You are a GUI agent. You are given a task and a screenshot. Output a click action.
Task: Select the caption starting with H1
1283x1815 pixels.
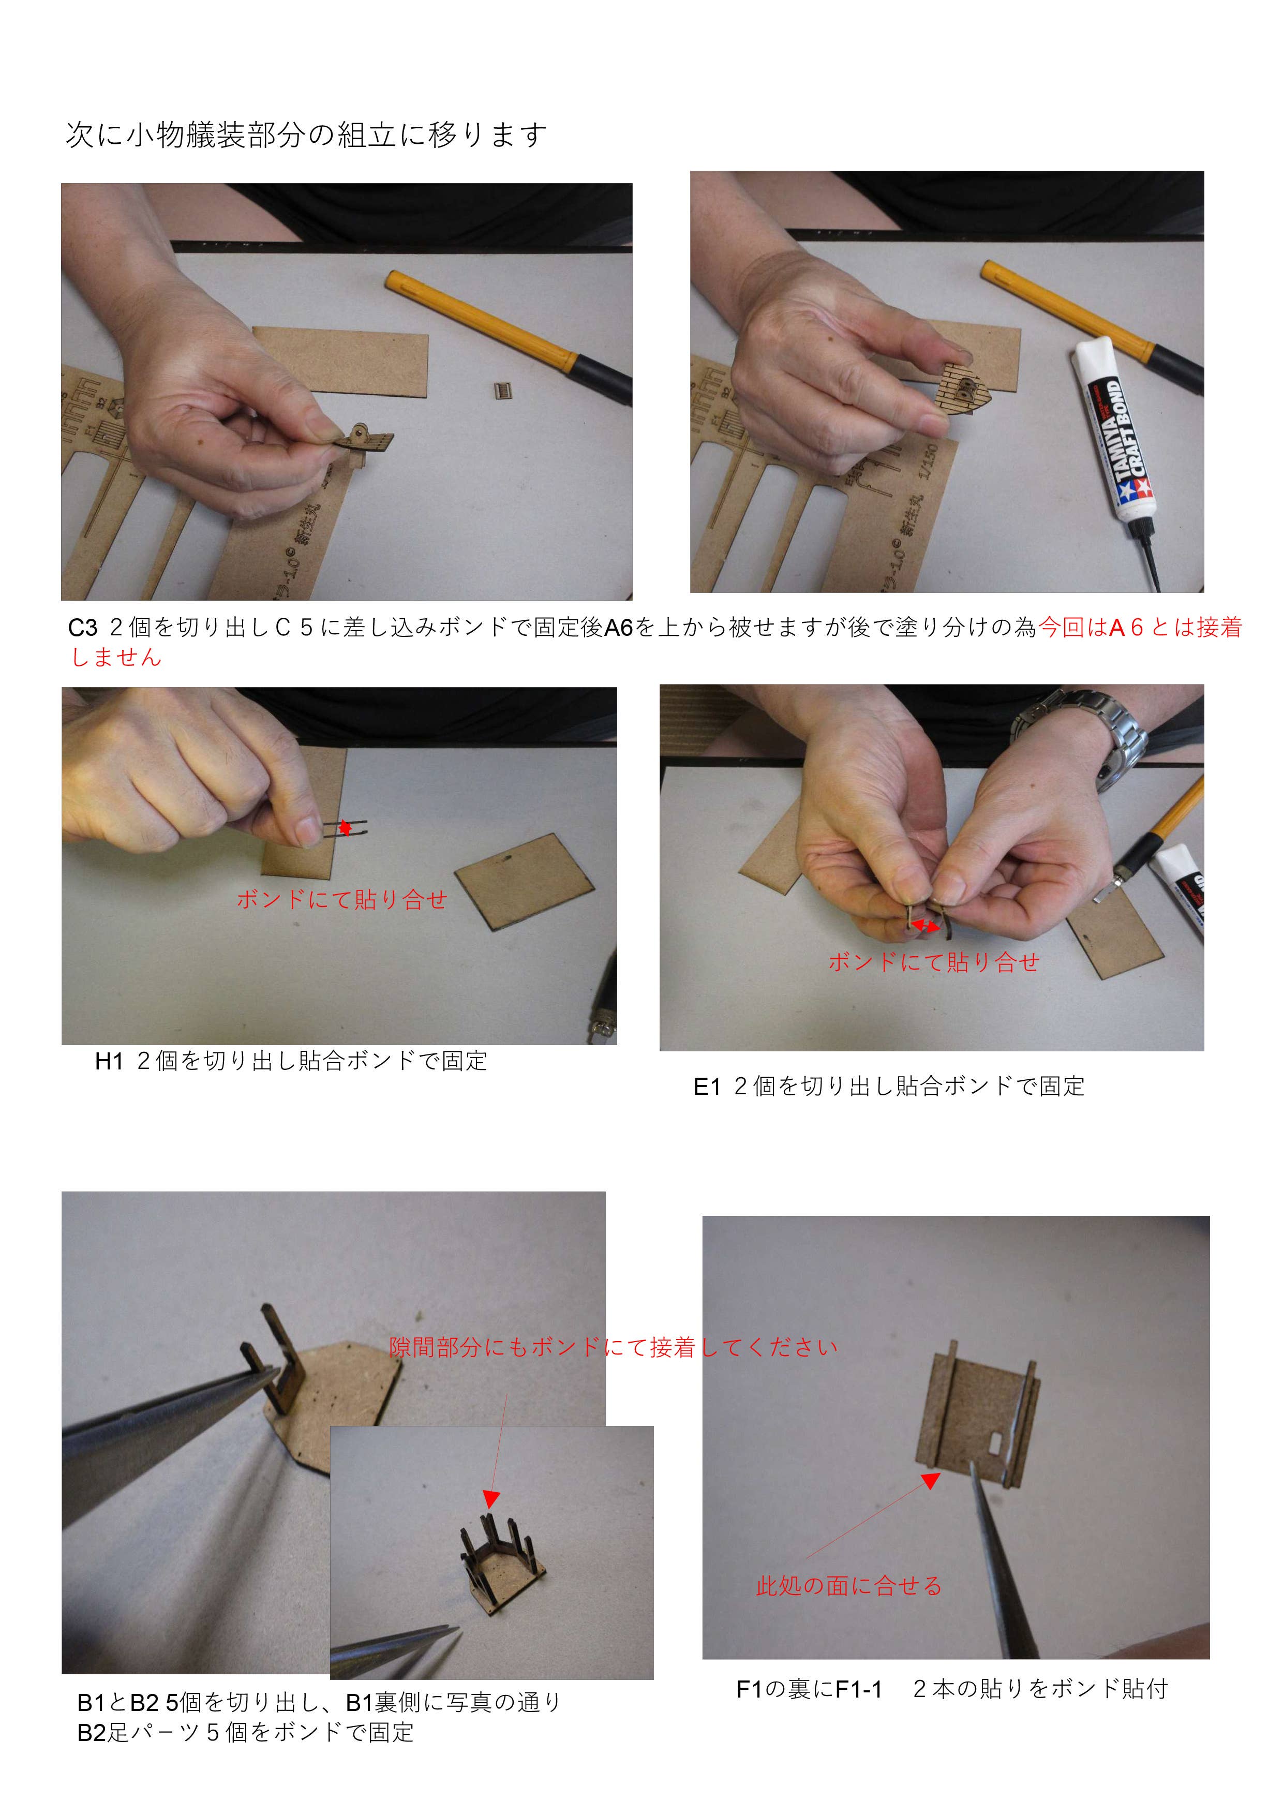point(290,1061)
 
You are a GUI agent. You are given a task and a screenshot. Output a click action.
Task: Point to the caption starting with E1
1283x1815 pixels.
point(889,1086)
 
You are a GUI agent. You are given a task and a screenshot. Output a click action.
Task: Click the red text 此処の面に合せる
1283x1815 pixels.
point(849,1586)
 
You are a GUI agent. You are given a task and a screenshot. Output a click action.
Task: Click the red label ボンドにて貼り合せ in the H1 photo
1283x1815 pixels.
point(341,899)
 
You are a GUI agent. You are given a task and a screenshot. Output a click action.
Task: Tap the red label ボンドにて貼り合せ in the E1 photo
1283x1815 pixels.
point(934,962)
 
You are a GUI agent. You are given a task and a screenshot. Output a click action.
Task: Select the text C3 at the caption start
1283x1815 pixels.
point(82,628)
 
